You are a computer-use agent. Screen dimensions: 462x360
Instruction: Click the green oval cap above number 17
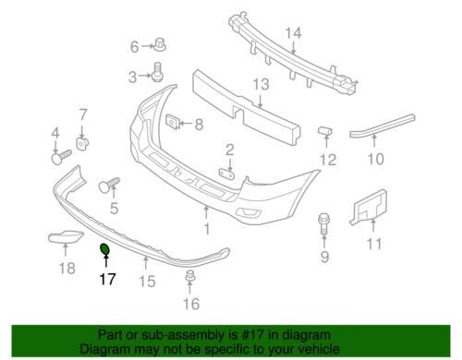pos(104,249)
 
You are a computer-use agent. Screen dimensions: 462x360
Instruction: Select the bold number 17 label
pos(107,280)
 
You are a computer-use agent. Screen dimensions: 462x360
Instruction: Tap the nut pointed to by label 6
pos(160,45)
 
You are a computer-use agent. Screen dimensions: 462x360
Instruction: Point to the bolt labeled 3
pos(157,72)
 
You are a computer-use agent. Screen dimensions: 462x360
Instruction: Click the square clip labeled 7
pos(82,144)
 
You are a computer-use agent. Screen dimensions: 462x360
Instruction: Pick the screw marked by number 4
pos(61,157)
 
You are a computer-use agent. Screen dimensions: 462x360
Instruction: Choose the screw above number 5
pos(109,185)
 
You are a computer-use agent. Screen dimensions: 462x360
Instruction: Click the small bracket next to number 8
pos(173,122)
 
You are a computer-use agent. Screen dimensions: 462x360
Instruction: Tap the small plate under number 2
pos(226,173)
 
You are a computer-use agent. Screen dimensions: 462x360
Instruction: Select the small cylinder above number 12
pos(325,130)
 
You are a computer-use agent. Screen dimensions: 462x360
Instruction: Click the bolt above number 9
pos(323,224)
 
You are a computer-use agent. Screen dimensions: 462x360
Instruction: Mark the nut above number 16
pos(190,276)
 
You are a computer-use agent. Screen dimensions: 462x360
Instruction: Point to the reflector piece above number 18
pos(66,236)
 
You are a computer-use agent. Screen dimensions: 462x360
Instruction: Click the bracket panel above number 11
pos(369,207)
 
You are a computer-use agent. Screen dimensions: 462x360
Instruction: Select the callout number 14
pos(293,33)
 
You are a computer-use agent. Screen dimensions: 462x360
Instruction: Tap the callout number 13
pos(261,84)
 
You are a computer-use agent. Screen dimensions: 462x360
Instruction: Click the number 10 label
pos(376,159)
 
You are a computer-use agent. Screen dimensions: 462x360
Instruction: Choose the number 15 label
pos(147,282)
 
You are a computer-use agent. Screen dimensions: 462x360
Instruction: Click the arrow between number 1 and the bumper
pos(206,212)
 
